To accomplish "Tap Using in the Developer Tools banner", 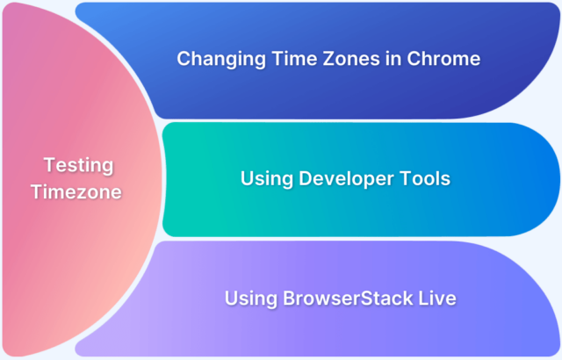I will pyautogui.click(x=266, y=179).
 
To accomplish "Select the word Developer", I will pyautogui.click(x=347, y=179).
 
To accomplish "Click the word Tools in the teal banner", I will pyautogui.click(x=426, y=179).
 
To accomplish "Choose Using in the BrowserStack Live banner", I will pyautogui.click(x=249, y=299).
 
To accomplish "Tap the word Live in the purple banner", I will pyautogui.click(x=437, y=299).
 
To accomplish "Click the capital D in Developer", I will pyautogui.click(x=304, y=179).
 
